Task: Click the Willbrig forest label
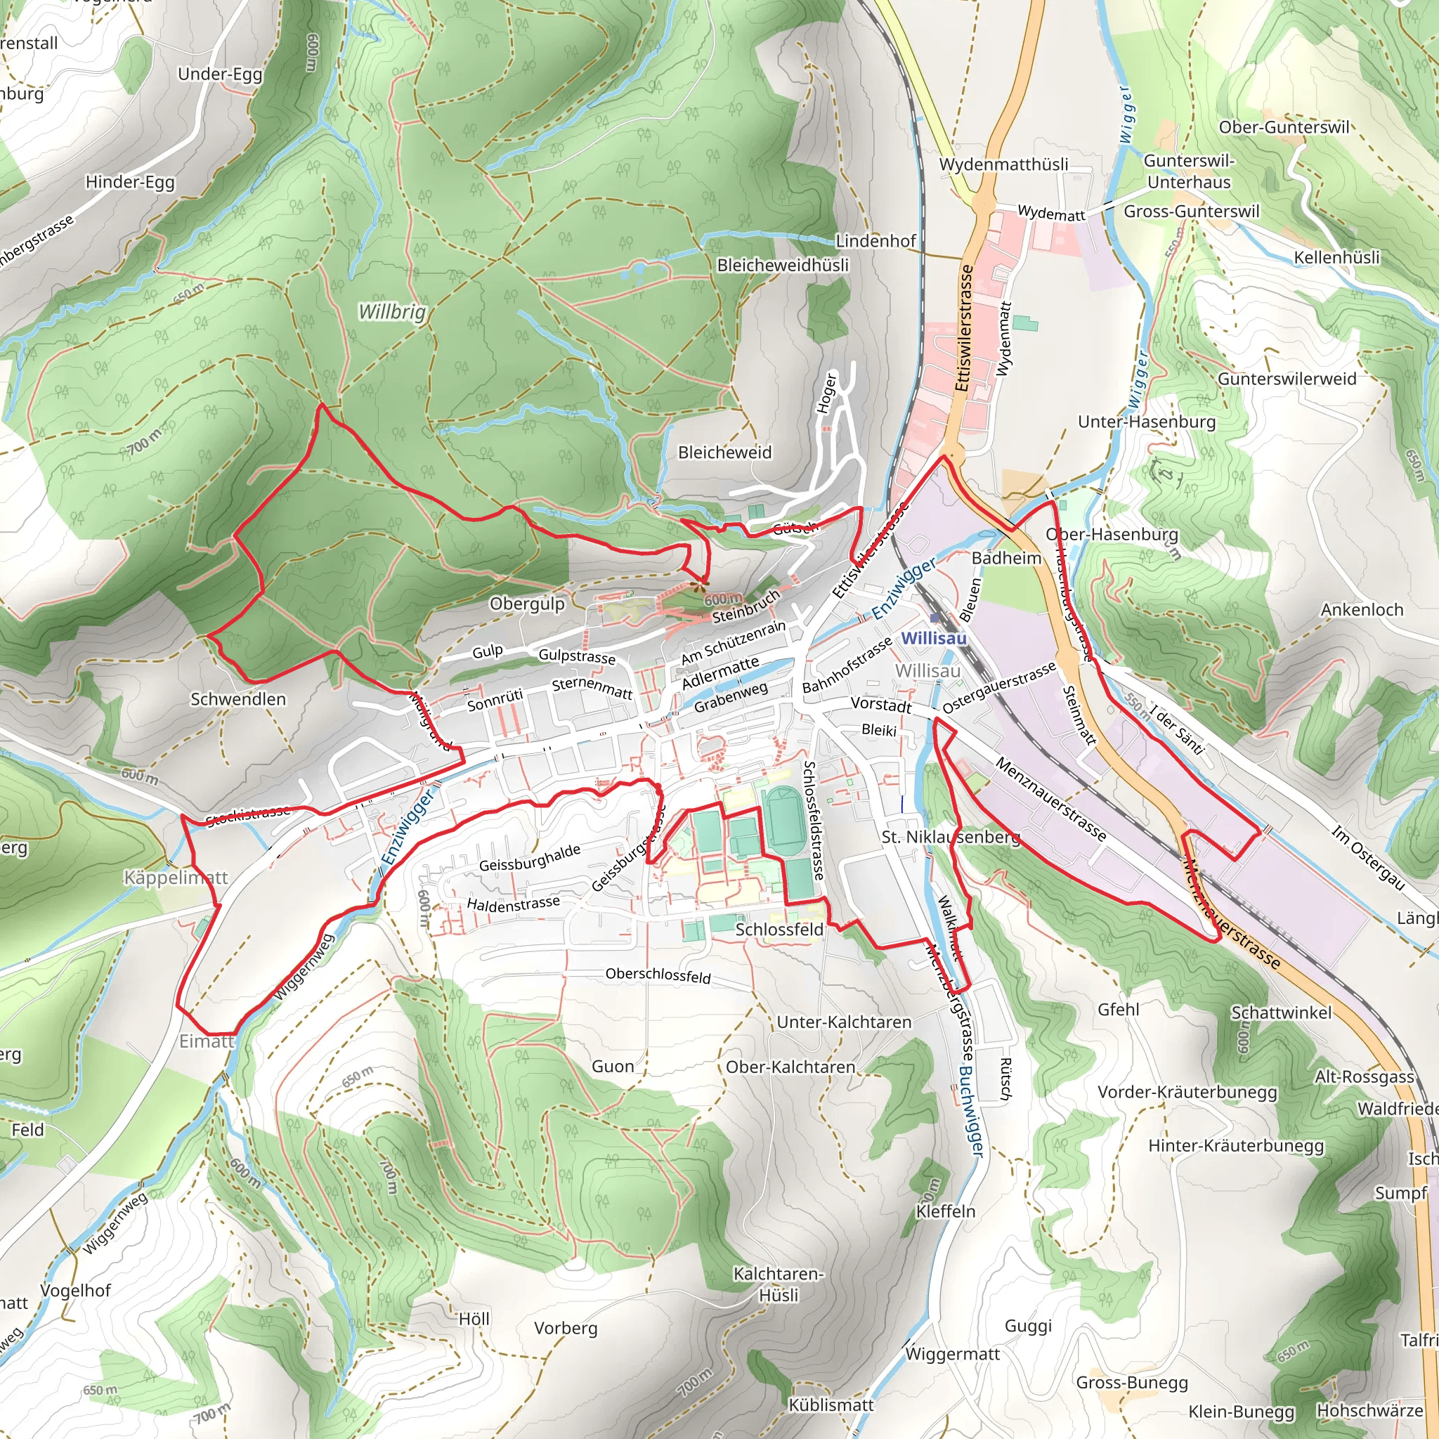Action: click(392, 311)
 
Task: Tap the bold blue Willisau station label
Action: click(933, 638)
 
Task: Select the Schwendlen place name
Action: click(237, 698)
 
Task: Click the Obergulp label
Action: click(526, 604)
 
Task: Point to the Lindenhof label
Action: click(875, 240)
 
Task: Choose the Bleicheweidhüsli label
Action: click(782, 265)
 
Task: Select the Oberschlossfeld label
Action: click(658, 975)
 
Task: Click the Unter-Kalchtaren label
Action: click(843, 1022)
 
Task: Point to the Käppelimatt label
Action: click(176, 878)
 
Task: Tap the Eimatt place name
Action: click(207, 1041)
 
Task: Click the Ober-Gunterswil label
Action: click(1283, 127)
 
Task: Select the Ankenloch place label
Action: click(1362, 609)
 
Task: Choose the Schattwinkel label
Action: click(1281, 1012)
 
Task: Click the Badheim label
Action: click(1006, 558)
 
